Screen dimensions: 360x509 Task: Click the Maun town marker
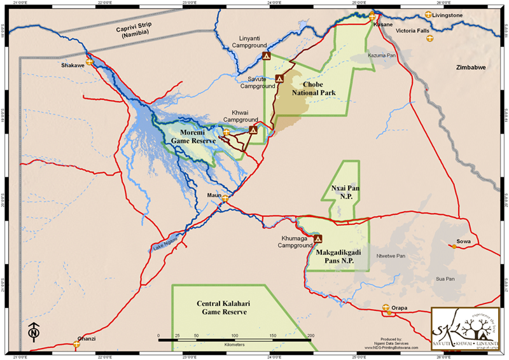point(225,198)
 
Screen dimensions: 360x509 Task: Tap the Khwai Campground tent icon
point(253,130)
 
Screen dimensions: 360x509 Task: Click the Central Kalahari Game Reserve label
point(221,308)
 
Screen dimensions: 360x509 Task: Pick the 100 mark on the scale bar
point(235,335)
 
